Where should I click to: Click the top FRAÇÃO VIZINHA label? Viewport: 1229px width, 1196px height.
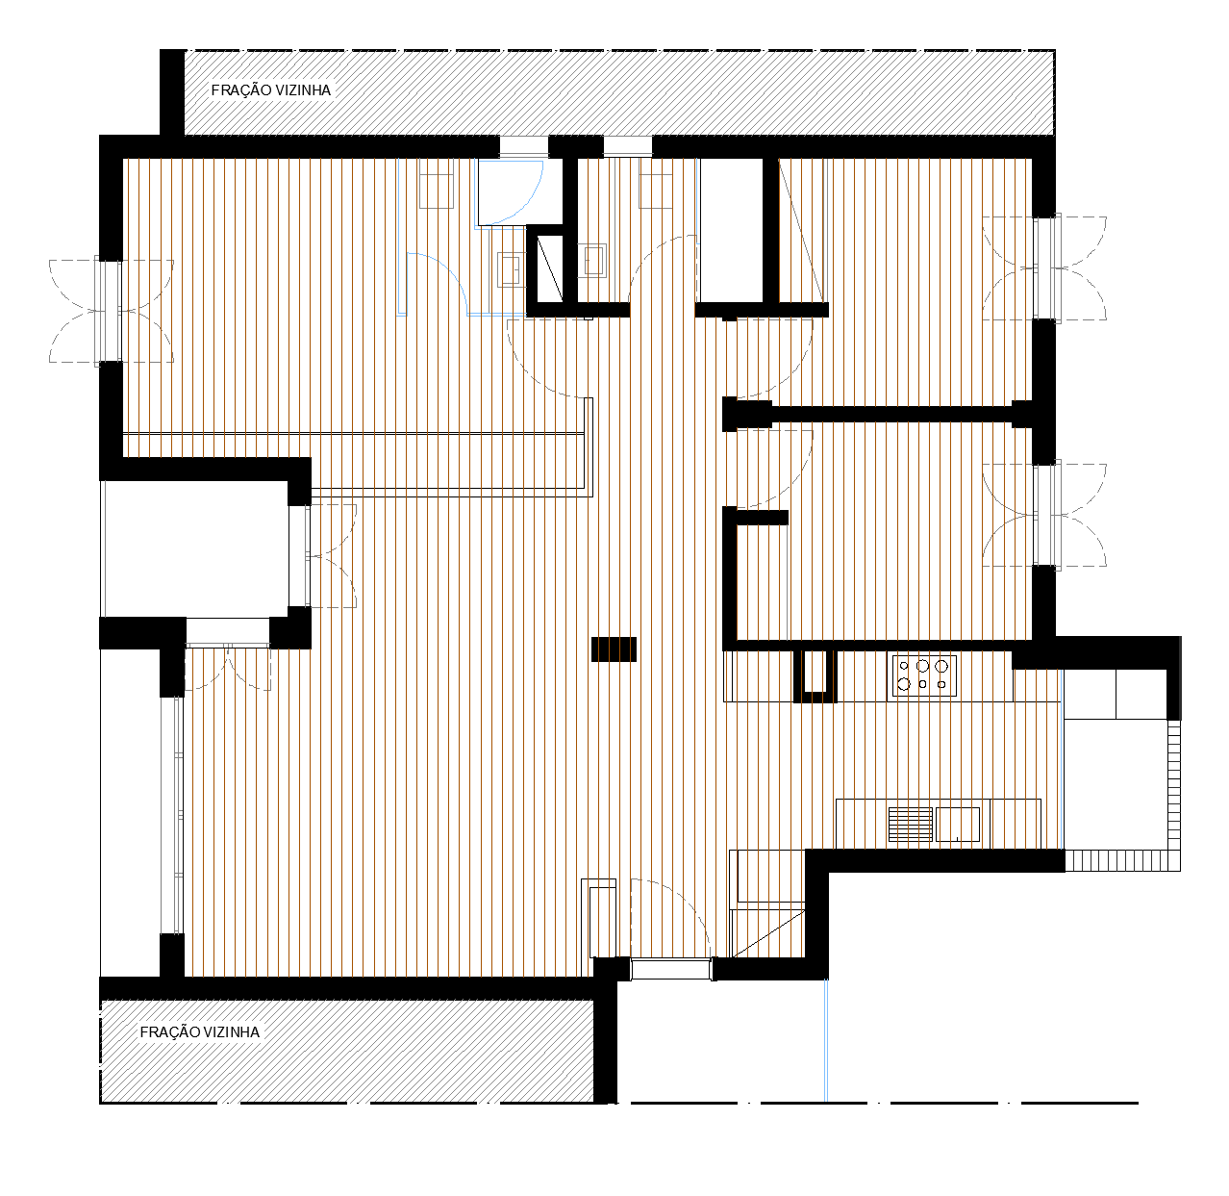coord(270,90)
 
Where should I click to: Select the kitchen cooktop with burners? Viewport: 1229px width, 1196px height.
coord(924,676)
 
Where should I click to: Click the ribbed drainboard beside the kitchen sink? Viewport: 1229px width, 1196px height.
coord(910,825)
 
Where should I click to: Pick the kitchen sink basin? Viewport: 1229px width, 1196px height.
coord(958,825)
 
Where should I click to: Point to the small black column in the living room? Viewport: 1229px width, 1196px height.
coord(614,649)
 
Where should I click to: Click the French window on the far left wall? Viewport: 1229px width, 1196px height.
coord(108,312)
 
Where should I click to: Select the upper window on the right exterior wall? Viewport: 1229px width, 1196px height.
coord(1046,267)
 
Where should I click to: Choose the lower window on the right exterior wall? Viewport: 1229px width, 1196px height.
coord(1046,515)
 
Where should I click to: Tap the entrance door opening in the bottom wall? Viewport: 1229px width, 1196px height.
coord(670,969)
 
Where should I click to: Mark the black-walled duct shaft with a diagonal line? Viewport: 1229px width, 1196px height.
coord(549,267)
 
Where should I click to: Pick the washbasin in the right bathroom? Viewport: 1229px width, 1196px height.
coord(594,261)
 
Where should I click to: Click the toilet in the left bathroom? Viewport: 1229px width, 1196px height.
coord(437,183)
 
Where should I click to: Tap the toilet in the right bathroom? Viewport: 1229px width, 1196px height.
coord(656,183)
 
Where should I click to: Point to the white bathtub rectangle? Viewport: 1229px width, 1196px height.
coord(731,231)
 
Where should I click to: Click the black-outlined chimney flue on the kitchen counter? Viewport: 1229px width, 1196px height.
coord(815,676)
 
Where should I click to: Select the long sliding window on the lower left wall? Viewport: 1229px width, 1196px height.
coord(171,815)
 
